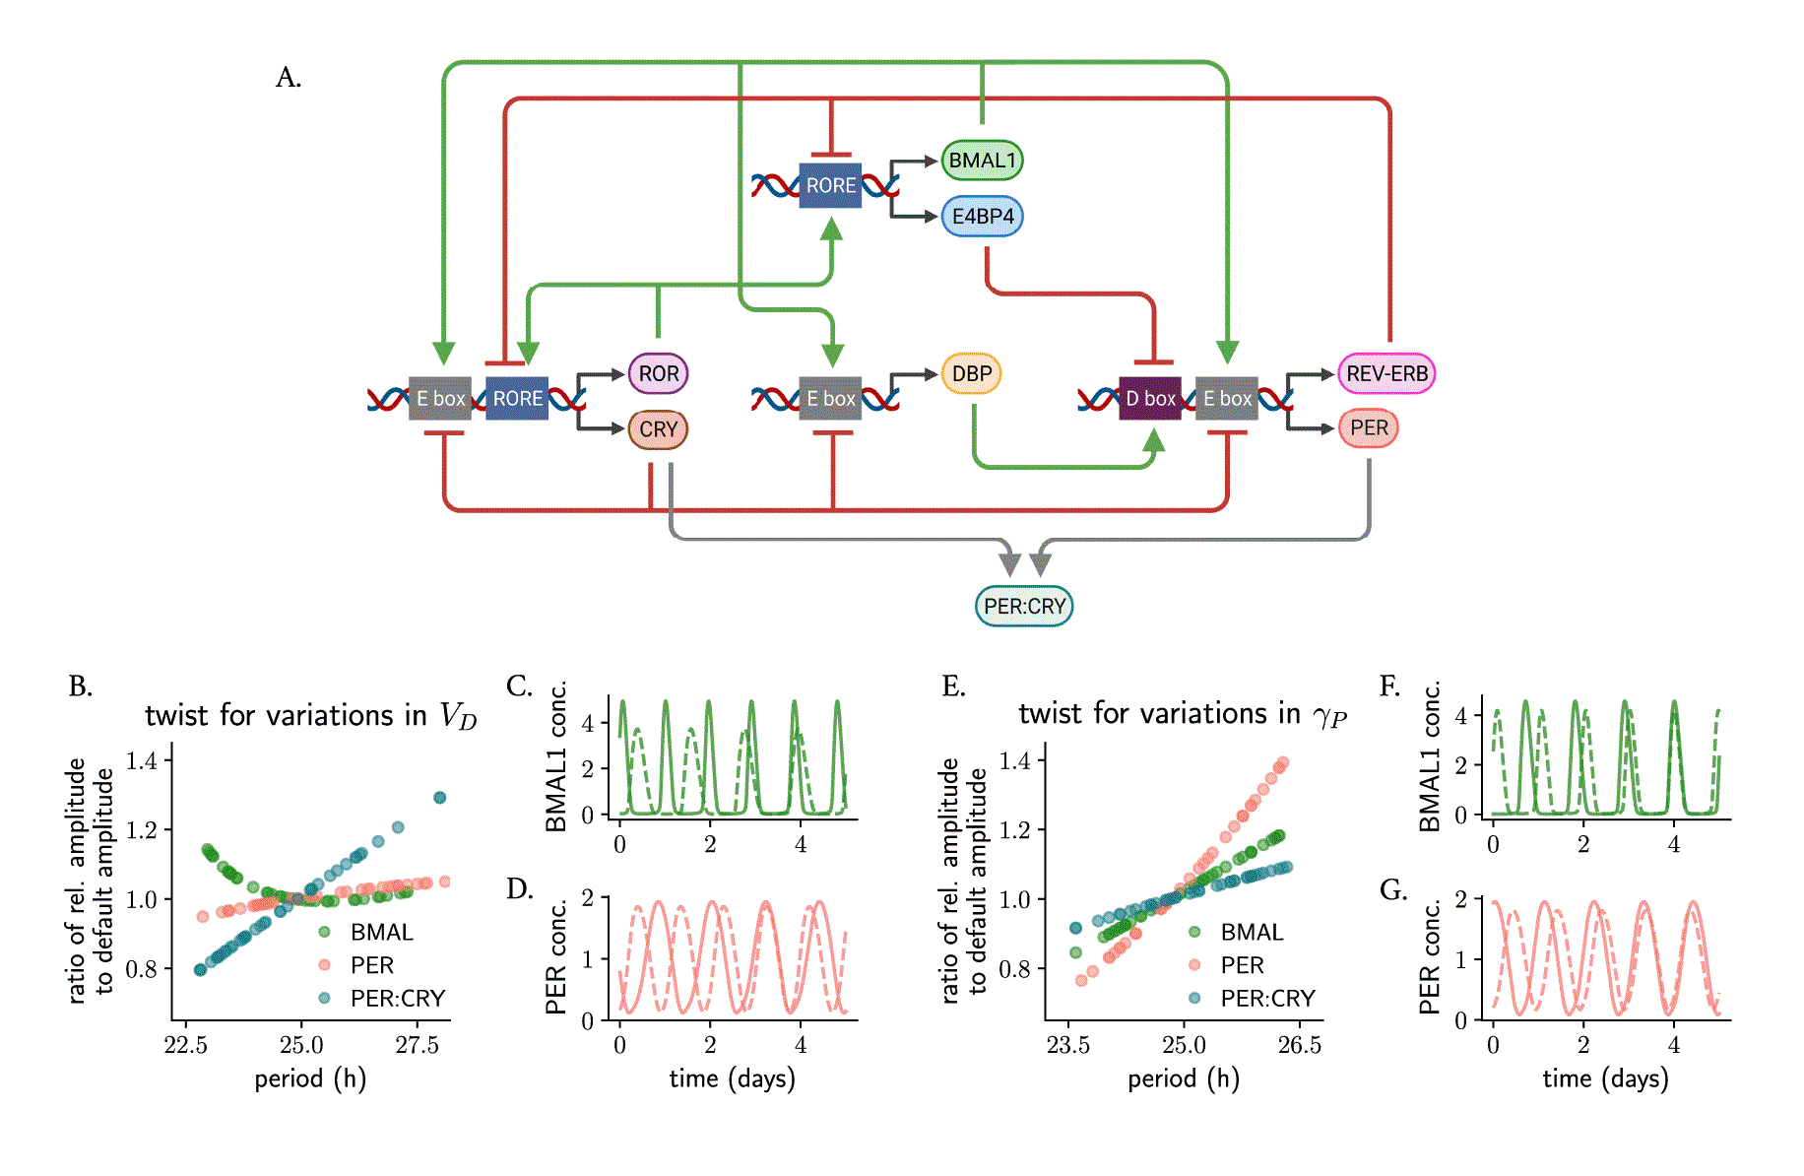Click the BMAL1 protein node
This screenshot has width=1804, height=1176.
point(982,161)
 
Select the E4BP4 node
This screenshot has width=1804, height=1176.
point(983,217)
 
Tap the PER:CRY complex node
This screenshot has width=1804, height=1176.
point(1024,606)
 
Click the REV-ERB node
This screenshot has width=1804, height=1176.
point(1386,373)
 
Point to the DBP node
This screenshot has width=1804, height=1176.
point(972,374)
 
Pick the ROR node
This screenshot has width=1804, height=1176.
point(659,374)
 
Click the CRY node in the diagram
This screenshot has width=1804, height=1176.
point(659,429)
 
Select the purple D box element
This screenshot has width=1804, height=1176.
point(1150,398)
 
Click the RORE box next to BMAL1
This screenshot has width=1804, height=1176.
point(830,185)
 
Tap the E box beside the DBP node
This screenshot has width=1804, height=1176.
point(830,398)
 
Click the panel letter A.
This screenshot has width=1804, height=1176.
point(289,77)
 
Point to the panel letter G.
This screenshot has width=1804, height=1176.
point(1393,890)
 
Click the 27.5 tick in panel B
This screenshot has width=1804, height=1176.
point(417,1045)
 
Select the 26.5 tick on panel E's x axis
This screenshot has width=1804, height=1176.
point(1299,1045)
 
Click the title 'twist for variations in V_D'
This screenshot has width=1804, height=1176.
point(310,715)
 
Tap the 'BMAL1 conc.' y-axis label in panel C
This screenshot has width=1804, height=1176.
point(556,756)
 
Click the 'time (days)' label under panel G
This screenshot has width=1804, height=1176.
point(1605,1078)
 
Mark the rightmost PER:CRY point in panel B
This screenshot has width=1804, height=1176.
point(440,798)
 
